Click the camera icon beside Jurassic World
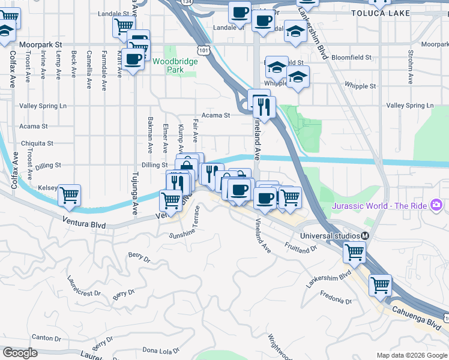pos(437,206)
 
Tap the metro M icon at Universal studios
pos(364,236)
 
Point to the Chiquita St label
pos(37,143)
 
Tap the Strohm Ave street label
pos(411,67)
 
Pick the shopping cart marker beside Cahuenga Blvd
pos(380,286)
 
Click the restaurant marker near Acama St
pos(264,107)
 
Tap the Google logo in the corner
pos(20,353)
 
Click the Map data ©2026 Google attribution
pos(411,355)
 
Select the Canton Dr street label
pos(46,338)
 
